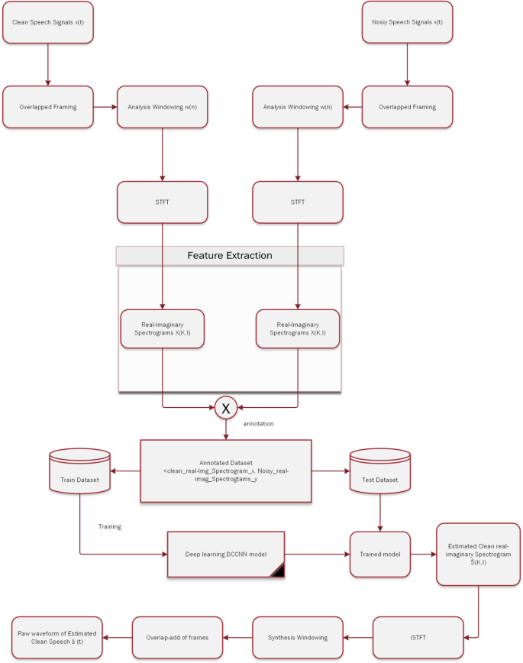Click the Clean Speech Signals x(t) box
pos(48,21)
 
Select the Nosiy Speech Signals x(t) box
pos(407,21)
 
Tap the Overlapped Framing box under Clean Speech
pos(48,107)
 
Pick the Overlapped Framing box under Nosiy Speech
pos(407,107)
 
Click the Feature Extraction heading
pos(230,256)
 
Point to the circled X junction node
pos(225,409)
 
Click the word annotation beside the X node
pos(259,423)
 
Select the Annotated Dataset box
pos(226,471)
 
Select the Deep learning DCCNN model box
pos(226,554)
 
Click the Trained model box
pos(380,554)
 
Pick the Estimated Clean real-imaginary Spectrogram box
pos(478,554)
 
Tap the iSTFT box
pos(419,637)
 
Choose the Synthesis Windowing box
pos(298,637)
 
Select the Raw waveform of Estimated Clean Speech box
pos(58,637)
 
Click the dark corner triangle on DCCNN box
pos(276,568)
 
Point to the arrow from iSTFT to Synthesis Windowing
pos(358,637)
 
